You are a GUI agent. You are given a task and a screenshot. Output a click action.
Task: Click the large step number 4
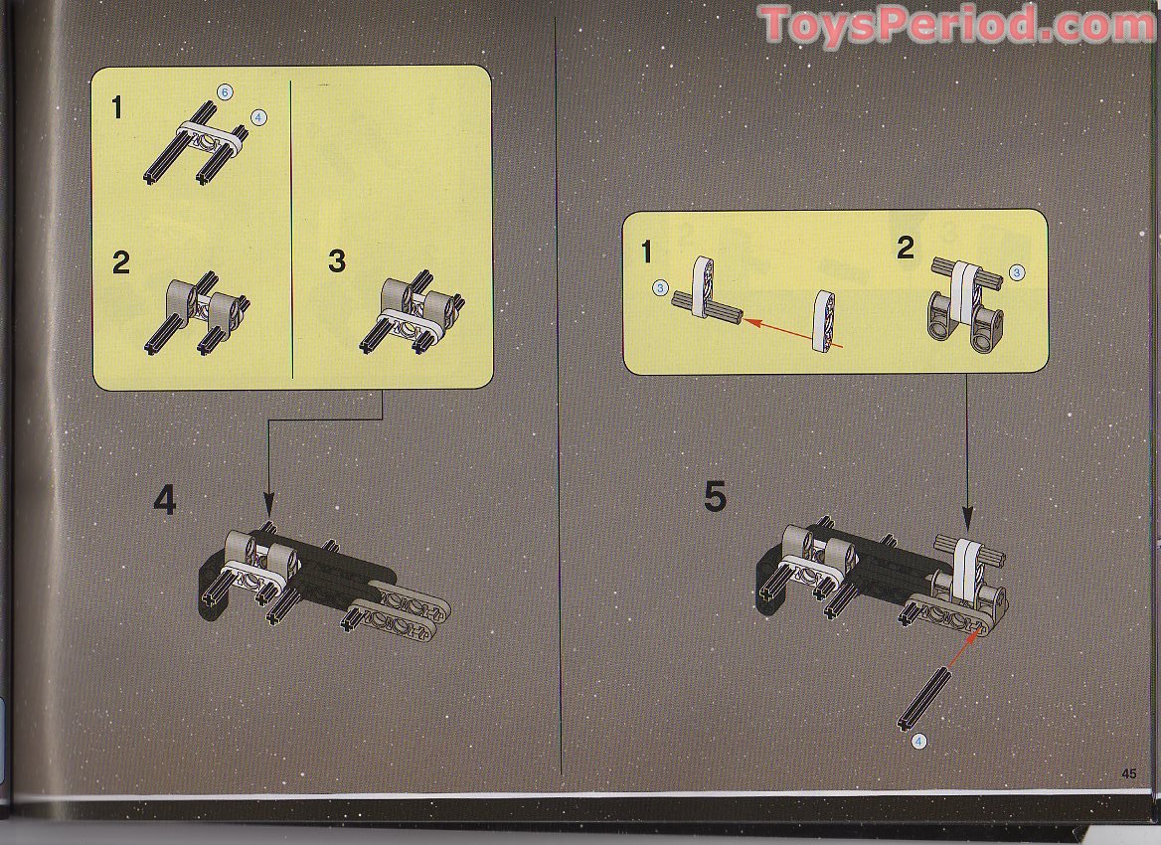point(165,500)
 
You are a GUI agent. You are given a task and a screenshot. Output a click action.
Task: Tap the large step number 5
point(715,496)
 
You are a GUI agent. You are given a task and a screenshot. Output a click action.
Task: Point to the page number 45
point(1128,773)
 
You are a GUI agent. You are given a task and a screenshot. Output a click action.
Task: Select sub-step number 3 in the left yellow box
point(337,261)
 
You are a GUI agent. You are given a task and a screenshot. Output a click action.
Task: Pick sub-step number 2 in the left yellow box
point(120,263)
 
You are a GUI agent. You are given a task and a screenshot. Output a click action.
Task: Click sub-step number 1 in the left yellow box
point(117,107)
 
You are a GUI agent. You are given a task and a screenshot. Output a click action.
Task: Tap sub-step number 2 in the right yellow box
point(905,248)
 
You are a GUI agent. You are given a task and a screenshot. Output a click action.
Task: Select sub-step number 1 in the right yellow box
point(647,253)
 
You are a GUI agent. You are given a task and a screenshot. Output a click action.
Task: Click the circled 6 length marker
point(226,92)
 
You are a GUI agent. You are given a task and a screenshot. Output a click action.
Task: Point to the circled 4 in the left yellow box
point(259,117)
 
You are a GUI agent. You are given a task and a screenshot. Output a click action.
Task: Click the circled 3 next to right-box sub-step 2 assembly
point(1016,271)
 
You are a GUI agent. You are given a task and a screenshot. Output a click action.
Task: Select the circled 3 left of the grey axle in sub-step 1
point(660,288)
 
